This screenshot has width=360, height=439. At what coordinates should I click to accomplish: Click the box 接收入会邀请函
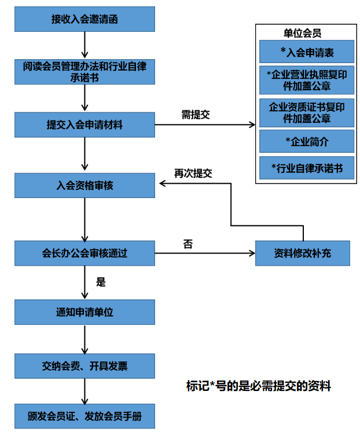85,19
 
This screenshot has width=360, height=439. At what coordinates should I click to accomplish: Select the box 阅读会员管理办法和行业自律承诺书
85,72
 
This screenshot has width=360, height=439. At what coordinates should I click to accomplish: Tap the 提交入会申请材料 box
85,125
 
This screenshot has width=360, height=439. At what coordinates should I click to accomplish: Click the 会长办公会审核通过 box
85,253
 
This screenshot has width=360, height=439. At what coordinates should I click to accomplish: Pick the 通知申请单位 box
85,312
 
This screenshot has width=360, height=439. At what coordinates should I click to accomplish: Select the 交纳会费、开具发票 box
85,366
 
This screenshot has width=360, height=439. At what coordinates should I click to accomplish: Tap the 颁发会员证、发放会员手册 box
85,416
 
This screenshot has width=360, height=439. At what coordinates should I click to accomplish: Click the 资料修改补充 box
303,253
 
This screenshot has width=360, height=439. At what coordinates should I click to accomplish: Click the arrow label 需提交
196,115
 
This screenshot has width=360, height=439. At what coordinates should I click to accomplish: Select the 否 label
188,244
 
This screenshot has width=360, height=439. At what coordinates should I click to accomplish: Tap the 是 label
101,283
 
